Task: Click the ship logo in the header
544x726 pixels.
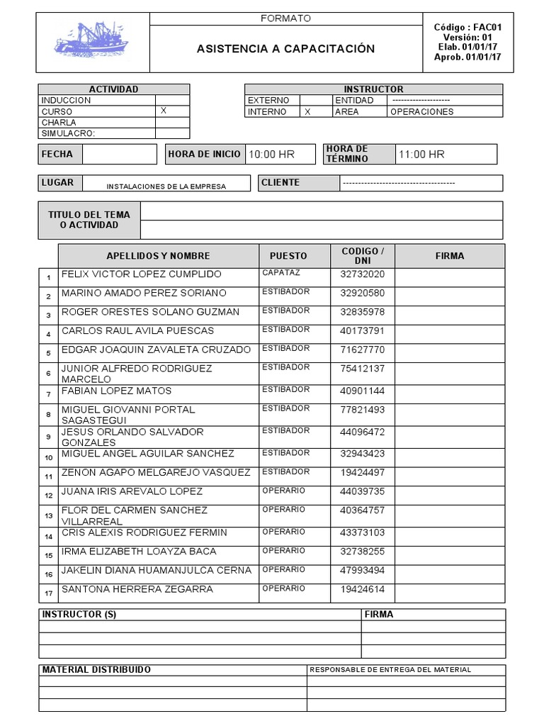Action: [x=92, y=40]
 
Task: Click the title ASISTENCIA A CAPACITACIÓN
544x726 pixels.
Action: [x=285, y=49]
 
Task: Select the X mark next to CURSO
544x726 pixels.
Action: [x=164, y=111]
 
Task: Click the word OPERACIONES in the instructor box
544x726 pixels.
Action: [x=422, y=112]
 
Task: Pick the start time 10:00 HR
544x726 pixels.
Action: [x=271, y=155]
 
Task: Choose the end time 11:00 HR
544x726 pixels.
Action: [x=421, y=155]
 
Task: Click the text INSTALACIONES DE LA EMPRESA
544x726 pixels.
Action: [x=166, y=186]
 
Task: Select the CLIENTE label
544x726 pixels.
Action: [x=280, y=183]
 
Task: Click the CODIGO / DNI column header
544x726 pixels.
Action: [x=363, y=256]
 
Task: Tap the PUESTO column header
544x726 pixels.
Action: [x=288, y=256]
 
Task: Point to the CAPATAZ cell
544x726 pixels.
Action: [x=281, y=273]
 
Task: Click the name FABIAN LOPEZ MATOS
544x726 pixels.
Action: [x=117, y=391]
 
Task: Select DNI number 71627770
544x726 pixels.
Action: [x=363, y=350]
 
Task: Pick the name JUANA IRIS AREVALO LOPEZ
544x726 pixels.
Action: [x=132, y=491]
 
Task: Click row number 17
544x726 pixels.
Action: [x=48, y=593]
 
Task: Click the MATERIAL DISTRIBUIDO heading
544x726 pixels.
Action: [x=96, y=670]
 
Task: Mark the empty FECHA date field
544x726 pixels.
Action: [x=119, y=155]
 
